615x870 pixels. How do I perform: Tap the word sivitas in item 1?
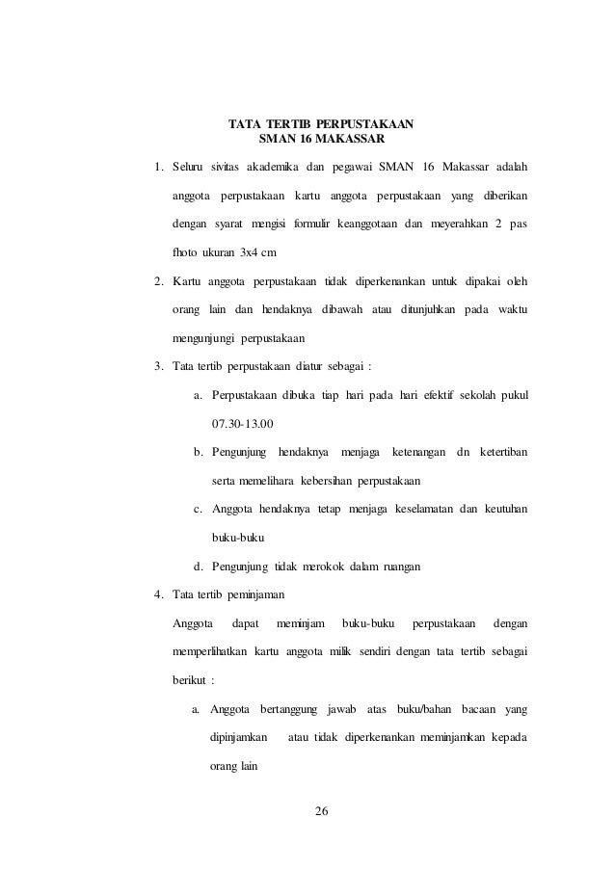(222, 171)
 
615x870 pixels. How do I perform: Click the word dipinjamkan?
(238, 738)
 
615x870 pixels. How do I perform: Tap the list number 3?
(158, 366)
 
